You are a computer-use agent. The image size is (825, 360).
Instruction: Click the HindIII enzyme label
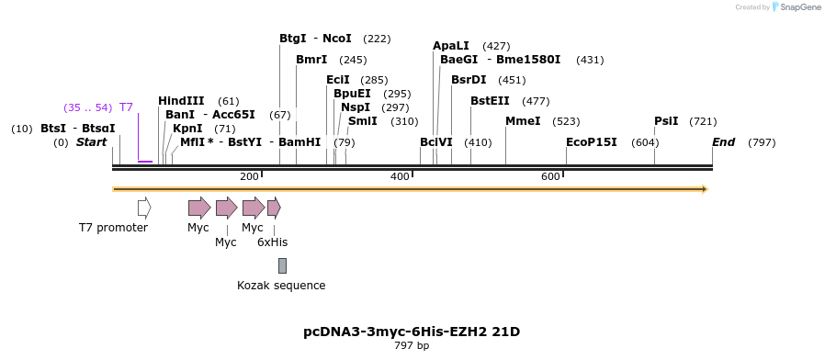click(181, 101)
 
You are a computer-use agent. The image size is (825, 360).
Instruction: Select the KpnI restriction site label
click(187, 129)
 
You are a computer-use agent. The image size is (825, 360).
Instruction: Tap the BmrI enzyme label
click(311, 60)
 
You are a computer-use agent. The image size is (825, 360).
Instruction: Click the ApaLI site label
click(451, 46)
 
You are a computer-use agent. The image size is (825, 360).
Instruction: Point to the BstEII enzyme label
click(490, 101)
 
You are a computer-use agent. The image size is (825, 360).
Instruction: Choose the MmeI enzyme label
click(523, 121)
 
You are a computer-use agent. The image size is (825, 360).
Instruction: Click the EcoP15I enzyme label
click(592, 142)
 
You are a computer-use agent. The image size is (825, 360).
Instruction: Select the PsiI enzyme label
click(666, 121)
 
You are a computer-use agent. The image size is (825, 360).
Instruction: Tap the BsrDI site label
click(469, 80)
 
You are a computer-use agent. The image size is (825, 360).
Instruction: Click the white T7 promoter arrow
click(144, 208)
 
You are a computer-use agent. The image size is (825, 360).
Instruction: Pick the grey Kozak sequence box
click(282, 265)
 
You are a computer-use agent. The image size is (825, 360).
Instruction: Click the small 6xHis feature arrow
click(274, 208)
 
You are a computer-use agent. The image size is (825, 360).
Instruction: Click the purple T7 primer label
click(126, 107)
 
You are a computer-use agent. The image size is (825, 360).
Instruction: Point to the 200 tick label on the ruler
click(249, 176)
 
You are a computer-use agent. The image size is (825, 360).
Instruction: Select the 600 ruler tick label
click(550, 176)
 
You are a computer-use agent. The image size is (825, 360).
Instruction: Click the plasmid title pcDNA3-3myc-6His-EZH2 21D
click(412, 332)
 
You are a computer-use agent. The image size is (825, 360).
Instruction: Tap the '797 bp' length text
click(412, 346)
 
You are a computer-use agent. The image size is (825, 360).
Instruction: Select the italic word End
click(724, 142)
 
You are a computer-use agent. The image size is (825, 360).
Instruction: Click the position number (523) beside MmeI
click(566, 121)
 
